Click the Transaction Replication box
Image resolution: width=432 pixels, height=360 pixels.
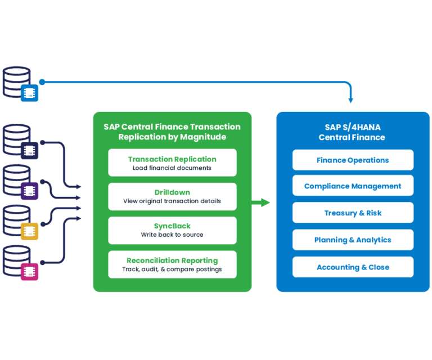tap(172, 163)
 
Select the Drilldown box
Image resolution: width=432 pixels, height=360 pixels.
tap(172, 196)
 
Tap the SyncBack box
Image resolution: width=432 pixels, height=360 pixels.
tap(172, 230)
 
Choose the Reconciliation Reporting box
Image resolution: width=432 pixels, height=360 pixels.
tap(172, 264)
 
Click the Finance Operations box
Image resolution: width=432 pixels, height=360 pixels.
tap(353, 160)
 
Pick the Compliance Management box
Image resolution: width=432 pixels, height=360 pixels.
tap(353, 186)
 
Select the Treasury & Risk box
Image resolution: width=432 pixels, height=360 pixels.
tap(353, 213)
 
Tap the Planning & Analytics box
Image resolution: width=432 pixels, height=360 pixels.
tap(353, 240)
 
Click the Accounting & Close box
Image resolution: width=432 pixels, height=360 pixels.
tap(353, 267)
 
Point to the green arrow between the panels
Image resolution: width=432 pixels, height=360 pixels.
tap(262, 202)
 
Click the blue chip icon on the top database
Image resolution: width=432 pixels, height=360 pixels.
tap(29, 93)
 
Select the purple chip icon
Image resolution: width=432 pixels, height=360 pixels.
tap(29, 191)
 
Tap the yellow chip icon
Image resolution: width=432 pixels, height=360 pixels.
tap(29, 231)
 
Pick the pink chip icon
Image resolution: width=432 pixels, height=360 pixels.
tap(29, 272)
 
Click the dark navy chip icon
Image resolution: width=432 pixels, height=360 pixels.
tap(29, 150)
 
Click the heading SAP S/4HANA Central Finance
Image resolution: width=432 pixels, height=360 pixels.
tap(352, 132)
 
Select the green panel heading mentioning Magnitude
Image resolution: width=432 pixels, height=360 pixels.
tap(172, 132)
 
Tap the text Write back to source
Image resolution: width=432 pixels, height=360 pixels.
tap(172, 235)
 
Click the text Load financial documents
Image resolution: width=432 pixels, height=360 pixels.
tap(172, 168)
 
